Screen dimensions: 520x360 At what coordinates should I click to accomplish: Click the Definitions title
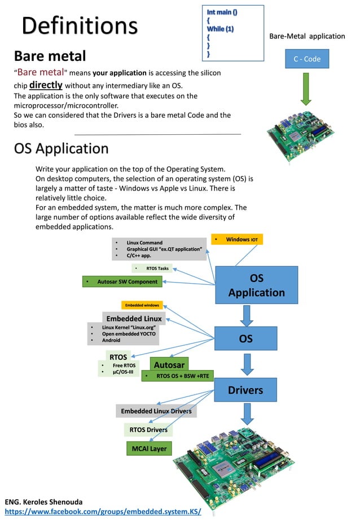click(x=80, y=26)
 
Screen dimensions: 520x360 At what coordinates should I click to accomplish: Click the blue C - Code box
click(x=306, y=59)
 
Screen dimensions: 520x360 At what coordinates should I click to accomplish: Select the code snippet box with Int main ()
click(x=232, y=33)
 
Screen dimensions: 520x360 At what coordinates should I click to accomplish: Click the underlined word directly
click(x=46, y=85)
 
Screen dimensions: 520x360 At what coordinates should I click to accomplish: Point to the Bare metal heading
click(x=50, y=56)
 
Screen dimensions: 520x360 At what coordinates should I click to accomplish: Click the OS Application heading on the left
click(x=61, y=148)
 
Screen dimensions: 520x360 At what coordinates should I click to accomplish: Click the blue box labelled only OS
click(x=245, y=338)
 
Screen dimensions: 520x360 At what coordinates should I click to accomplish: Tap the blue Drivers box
click(x=245, y=390)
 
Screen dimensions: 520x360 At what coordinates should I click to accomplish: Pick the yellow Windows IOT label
click(x=237, y=240)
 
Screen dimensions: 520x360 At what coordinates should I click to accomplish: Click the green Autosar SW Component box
click(x=123, y=281)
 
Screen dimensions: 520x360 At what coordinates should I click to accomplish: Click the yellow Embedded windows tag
click(x=142, y=305)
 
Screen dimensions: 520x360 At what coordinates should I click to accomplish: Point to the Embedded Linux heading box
click(x=133, y=319)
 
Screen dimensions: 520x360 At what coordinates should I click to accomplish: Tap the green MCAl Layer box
click(x=149, y=449)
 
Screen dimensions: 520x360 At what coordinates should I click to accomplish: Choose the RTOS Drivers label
click(x=148, y=430)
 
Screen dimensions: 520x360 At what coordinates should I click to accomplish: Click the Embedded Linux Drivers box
click(x=156, y=411)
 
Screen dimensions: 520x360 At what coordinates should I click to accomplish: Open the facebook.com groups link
click(x=103, y=512)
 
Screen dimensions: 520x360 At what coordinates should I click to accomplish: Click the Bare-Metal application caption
click(x=307, y=36)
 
